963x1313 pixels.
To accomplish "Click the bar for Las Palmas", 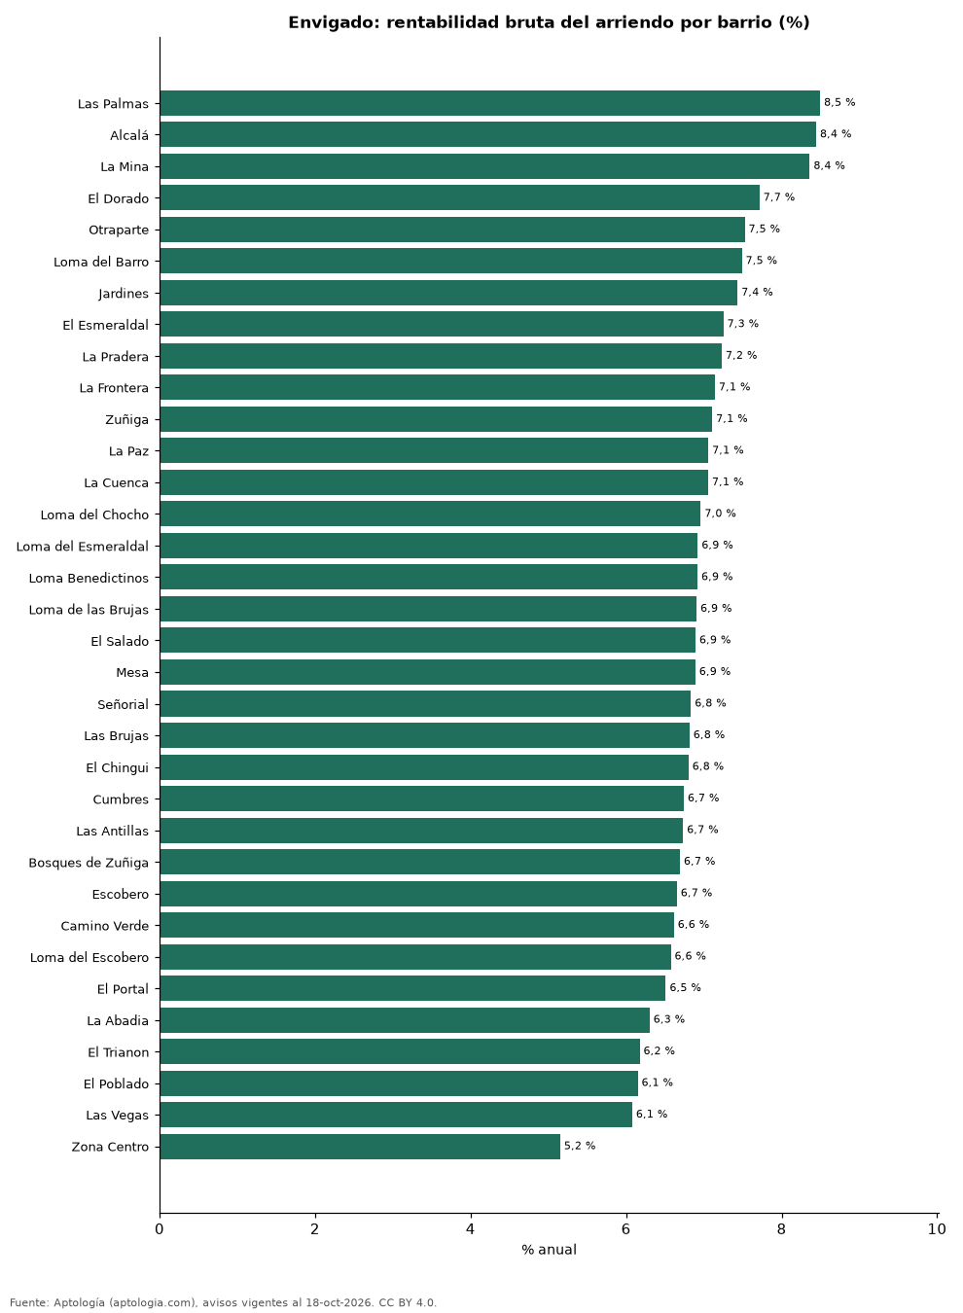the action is tap(490, 103).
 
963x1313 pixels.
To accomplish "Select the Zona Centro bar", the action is tap(360, 1147).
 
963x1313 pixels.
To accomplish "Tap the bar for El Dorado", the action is tap(460, 197).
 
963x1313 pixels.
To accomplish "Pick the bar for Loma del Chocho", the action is tap(430, 514).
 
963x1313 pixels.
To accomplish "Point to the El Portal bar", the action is tap(412, 988).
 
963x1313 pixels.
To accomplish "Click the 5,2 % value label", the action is tap(580, 1146).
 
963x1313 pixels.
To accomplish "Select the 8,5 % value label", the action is tap(839, 102).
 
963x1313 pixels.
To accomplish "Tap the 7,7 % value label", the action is tap(779, 197).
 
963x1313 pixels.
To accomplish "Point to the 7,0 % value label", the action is tap(720, 514).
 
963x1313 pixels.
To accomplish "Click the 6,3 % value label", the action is tap(669, 1019).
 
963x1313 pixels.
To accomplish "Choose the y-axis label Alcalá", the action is tap(129, 135).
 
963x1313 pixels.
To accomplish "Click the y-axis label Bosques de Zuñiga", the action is tap(89, 863).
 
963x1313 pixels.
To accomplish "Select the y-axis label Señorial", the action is tap(124, 704).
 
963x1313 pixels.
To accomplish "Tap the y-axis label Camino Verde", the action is tap(105, 926).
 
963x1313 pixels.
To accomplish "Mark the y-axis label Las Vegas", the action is tap(118, 1116).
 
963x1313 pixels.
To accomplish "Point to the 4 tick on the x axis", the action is tap(470, 1229).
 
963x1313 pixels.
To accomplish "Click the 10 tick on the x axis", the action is tap(937, 1229).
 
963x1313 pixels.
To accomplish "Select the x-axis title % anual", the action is tap(550, 1250).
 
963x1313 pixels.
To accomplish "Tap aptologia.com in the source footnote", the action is tap(154, 1302).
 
